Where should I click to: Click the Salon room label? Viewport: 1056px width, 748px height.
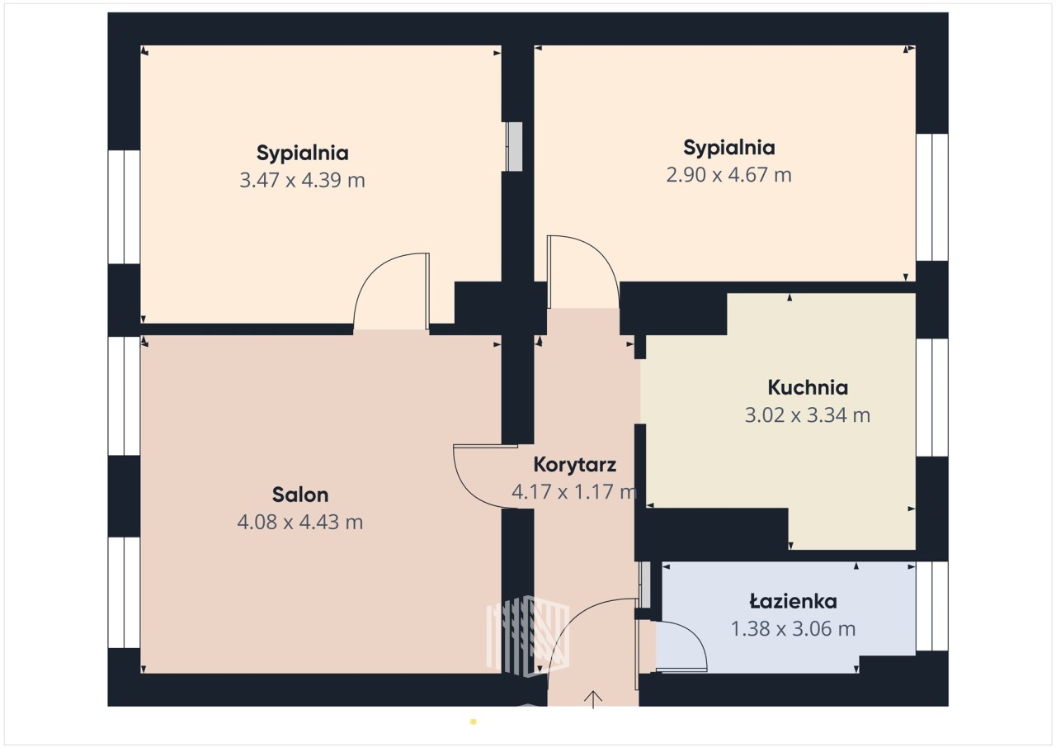coord(300,495)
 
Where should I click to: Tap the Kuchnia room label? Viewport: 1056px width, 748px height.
coord(808,388)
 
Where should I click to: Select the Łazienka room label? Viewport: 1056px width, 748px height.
coord(794,601)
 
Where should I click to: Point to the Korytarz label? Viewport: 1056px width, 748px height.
coord(575,465)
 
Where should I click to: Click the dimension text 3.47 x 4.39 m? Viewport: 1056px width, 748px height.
coord(302,180)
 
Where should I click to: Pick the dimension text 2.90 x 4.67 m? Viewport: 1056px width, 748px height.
coord(728,175)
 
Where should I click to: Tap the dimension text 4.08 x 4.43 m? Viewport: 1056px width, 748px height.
coord(300,522)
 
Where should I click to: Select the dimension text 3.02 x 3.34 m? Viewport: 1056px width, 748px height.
coord(808,415)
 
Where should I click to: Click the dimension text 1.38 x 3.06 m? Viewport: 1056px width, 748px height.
coord(794,628)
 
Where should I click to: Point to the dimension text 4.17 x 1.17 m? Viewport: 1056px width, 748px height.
coord(575,492)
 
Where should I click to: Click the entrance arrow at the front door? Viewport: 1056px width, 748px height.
coord(593,699)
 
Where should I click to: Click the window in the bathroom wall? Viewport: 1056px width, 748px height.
coord(932,606)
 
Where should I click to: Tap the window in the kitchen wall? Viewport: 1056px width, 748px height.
coord(932,397)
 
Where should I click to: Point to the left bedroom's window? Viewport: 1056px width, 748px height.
coord(124,207)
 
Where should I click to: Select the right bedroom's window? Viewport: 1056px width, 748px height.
coord(932,197)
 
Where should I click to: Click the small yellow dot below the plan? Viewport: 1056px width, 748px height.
coord(474,722)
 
